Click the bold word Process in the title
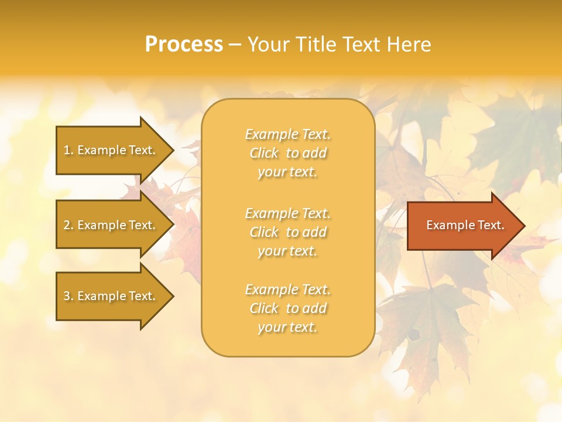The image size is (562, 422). click(184, 45)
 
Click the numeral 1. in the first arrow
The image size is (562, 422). click(68, 150)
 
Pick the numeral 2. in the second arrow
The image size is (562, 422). click(68, 225)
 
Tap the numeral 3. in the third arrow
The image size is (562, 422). click(68, 296)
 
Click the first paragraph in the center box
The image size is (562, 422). click(287, 153)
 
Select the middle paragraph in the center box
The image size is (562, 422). click(287, 232)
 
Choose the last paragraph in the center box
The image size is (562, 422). click(287, 308)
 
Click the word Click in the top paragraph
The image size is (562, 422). click(264, 153)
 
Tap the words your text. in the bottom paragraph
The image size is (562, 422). click(287, 327)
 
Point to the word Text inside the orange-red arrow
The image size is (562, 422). click(491, 225)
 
